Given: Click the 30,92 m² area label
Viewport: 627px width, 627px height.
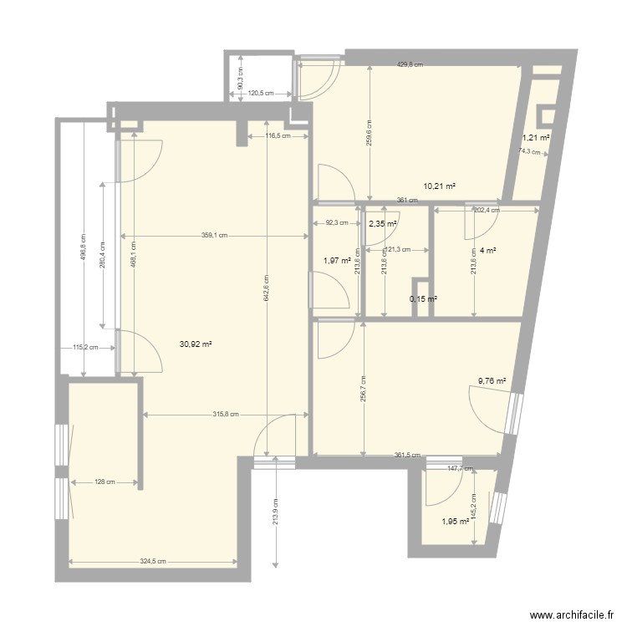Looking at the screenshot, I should [x=195, y=344].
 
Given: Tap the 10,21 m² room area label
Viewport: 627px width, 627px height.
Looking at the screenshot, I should [x=440, y=186].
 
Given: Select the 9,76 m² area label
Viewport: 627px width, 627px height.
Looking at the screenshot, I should [x=492, y=381].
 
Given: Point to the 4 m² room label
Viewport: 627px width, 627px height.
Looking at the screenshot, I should [x=486, y=249].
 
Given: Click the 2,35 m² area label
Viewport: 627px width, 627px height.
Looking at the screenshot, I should [x=382, y=223].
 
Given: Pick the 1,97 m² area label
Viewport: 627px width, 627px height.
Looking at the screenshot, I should [x=337, y=261].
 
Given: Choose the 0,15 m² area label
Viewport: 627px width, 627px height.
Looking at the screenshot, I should [x=423, y=299].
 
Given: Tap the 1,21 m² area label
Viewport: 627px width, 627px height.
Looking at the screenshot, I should [x=536, y=138].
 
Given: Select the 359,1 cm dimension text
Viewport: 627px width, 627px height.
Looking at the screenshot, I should [x=213, y=235].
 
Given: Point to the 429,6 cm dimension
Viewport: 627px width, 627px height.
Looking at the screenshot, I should [x=410, y=64].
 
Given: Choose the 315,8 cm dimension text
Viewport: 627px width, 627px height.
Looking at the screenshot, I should [x=226, y=414].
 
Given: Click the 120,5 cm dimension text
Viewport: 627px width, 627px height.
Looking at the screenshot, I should [x=262, y=93].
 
